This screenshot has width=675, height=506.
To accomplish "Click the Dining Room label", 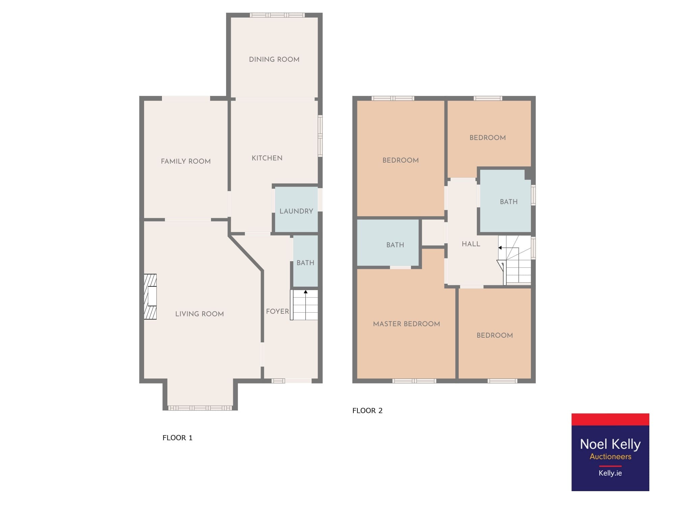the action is pos(274,59).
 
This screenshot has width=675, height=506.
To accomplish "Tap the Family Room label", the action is pos(186,161).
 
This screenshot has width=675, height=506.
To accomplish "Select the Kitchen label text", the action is pos(267,158).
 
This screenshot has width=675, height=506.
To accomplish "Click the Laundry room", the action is pos(296,209).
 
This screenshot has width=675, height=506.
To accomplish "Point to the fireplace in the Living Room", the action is pos(150,297).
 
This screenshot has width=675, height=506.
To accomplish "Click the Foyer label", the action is pos(277,311).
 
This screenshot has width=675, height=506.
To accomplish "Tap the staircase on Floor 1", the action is pos(304,305).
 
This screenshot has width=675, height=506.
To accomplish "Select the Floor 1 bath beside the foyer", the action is pos(305,261).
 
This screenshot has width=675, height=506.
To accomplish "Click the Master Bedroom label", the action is pos(406,324).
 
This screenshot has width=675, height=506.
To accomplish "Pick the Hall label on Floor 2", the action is pos(471,244).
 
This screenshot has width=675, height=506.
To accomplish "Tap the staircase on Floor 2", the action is pos(514,260).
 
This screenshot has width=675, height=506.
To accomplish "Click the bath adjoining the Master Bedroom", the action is pos(388,243).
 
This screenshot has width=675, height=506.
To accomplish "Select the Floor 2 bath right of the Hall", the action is pos(505,201).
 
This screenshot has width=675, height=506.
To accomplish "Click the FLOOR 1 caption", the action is pos(178,438).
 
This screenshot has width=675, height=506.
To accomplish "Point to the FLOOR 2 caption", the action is pos(368,411).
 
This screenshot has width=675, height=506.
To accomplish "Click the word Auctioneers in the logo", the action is pos(610,456).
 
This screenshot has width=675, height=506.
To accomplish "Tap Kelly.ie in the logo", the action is pos(610,473).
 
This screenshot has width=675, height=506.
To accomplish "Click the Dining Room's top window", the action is pos(277,15).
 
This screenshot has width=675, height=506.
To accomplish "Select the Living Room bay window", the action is pos(200,408).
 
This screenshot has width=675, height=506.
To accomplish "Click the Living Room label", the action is pos(199,314).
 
